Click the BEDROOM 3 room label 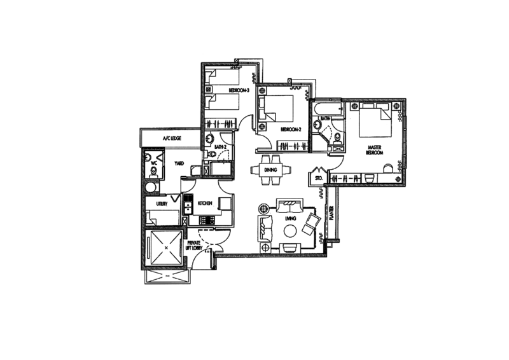239,91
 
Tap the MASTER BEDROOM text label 374,148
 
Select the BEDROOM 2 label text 290,128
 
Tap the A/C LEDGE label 171,138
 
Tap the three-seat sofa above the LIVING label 289,206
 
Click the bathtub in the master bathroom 327,109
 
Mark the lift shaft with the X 162,249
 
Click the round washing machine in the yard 151,188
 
